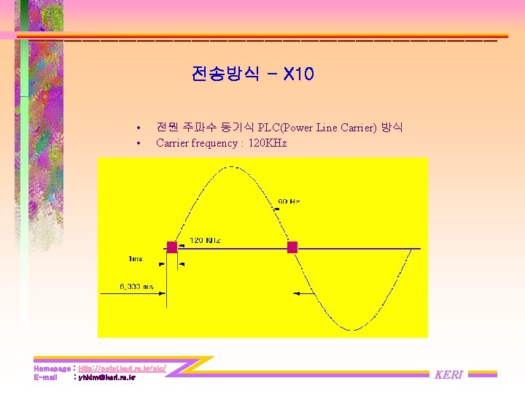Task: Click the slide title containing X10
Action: pyautogui.click(x=252, y=74)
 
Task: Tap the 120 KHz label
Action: pyautogui.click(x=206, y=240)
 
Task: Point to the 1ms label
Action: pyautogui.click(x=135, y=259)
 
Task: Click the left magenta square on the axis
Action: pyautogui.click(x=171, y=247)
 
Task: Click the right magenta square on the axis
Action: pyautogui.click(x=292, y=247)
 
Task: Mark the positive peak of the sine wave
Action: pyautogui.click(x=232, y=167)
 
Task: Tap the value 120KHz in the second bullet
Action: pyautogui.click(x=268, y=143)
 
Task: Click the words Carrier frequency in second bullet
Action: pyautogui.click(x=195, y=143)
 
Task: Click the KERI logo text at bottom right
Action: pyautogui.click(x=448, y=374)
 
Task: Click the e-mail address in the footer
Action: pyautogui.click(x=106, y=377)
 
